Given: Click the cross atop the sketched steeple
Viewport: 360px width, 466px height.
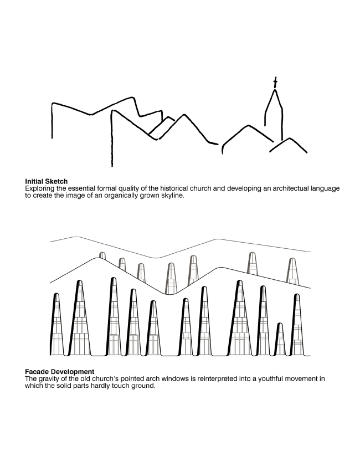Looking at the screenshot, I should point(275,83).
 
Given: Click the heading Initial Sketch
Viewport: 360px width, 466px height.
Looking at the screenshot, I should point(46,181).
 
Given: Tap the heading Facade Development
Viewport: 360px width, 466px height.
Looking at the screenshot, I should point(59,371).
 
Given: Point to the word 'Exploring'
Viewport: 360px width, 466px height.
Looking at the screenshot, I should point(39,188).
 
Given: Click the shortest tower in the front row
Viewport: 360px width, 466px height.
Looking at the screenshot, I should point(280,339).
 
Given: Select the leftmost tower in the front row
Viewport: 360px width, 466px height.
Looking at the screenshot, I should point(56,324).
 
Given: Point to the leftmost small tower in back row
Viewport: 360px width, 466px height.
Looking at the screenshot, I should point(102,256).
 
